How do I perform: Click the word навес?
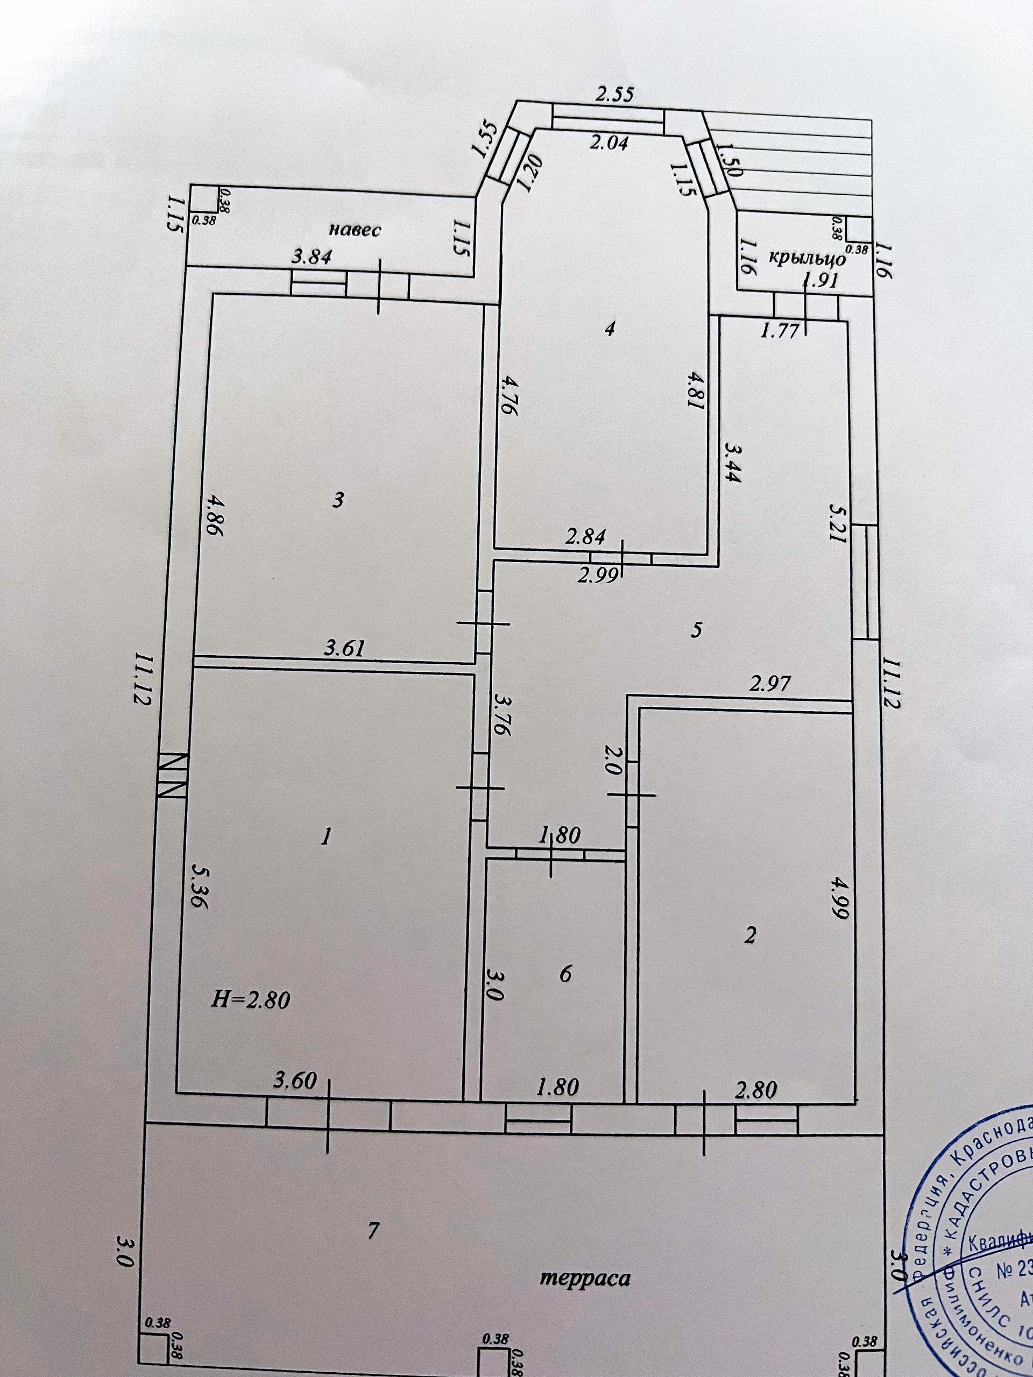tap(355, 230)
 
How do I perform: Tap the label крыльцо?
tap(808, 257)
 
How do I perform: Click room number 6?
tap(565, 973)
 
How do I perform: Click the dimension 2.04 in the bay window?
tap(609, 144)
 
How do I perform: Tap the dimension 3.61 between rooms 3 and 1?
tap(344, 649)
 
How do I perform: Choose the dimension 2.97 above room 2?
tap(770, 685)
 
